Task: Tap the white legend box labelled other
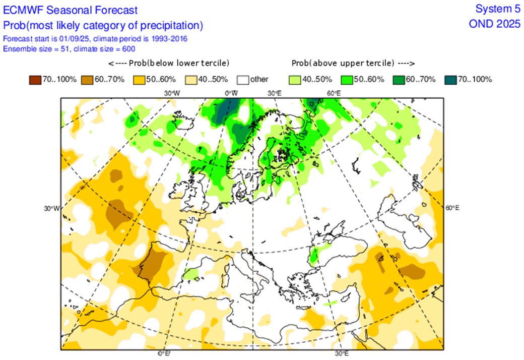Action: pyautogui.click(x=245, y=79)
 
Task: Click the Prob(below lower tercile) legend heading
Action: pyautogui.click(x=168, y=63)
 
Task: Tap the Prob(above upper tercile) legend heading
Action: pyautogui.click(x=353, y=63)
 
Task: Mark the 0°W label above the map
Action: pyautogui.click(x=231, y=93)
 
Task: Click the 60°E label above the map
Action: pyautogui.click(x=334, y=93)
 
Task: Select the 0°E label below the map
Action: pyautogui.click(x=164, y=353)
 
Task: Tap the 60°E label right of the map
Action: pyautogui.click(x=452, y=208)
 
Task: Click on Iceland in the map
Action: pyautogui.click(x=182, y=123)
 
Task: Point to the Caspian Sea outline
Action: pyautogui.click(x=403, y=222)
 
